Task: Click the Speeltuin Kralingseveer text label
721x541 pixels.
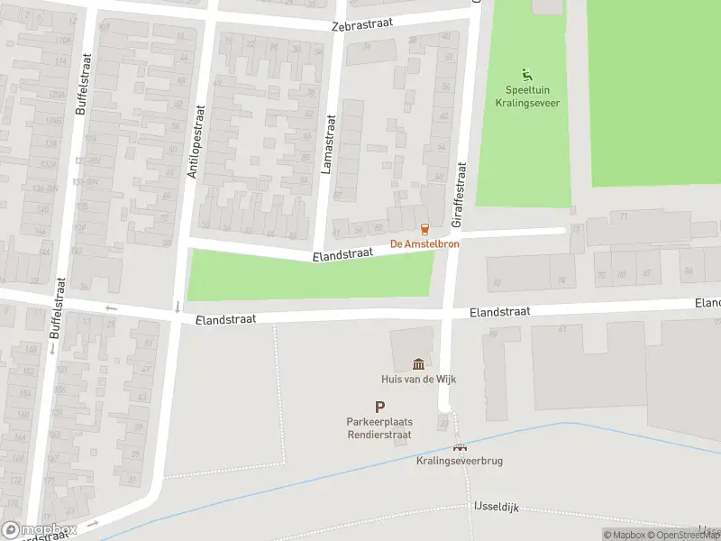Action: (527, 97)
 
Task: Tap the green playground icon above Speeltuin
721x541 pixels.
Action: (527, 74)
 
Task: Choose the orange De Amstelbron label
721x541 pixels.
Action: (424, 244)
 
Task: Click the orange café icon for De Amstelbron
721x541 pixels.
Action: (424, 230)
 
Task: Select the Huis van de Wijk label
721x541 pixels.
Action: (418, 380)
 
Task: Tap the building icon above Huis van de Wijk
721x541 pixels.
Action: (418, 364)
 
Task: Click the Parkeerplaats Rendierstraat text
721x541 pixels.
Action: (379, 427)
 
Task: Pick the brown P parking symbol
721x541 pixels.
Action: (379, 408)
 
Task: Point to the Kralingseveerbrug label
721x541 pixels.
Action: (460, 461)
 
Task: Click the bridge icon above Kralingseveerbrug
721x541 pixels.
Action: (460, 447)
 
